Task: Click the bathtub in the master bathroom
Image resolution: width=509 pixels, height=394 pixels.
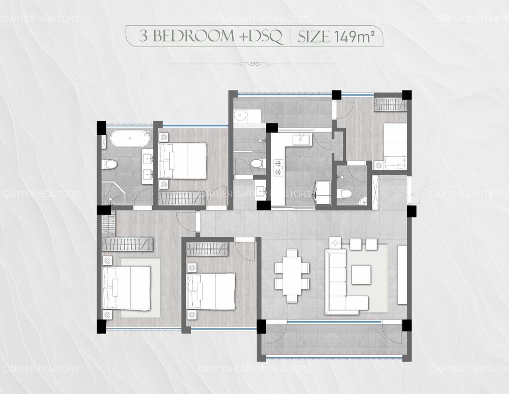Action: [130, 139]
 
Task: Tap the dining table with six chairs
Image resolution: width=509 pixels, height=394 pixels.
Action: [292, 275]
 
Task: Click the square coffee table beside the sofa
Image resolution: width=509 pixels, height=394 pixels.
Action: [361, 274]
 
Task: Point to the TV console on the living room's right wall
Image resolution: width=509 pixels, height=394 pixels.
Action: [402, 274]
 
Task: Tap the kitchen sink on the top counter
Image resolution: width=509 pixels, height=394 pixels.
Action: [301, 139]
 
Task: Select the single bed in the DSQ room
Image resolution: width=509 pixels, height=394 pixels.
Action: [395, 146]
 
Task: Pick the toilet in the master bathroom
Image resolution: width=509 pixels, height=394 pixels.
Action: [110, 165]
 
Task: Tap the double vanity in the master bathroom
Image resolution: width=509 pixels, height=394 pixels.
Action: [147, 166]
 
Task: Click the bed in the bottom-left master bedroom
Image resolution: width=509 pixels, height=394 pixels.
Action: [126, 288]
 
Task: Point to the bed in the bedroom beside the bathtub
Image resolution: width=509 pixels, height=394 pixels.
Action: [183, 160]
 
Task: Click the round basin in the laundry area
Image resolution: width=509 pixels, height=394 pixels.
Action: [240, 116]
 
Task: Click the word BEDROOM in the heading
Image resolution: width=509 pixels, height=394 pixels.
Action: [194, 36]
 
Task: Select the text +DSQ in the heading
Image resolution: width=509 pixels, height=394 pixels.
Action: [261, 36]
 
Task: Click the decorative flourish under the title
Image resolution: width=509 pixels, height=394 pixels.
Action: [254, 64]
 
